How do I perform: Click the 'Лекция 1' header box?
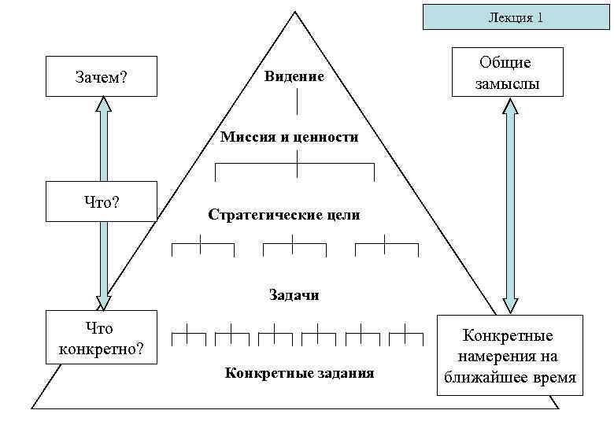[516, 17]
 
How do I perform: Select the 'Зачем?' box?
[102, 76]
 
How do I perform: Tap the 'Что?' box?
[102, 202]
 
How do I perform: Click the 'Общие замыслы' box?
[508, 72]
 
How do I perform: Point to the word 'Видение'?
[294, 76]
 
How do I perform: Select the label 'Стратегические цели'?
[284, 214]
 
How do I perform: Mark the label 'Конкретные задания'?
[299, 372]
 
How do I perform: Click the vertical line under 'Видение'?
[297, 102]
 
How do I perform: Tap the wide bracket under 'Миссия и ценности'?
[296, 165]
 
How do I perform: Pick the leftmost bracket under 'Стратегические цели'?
[202, 246]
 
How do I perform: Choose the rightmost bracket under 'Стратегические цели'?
[386, 246]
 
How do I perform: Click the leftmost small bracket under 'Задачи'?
[189, 335]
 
